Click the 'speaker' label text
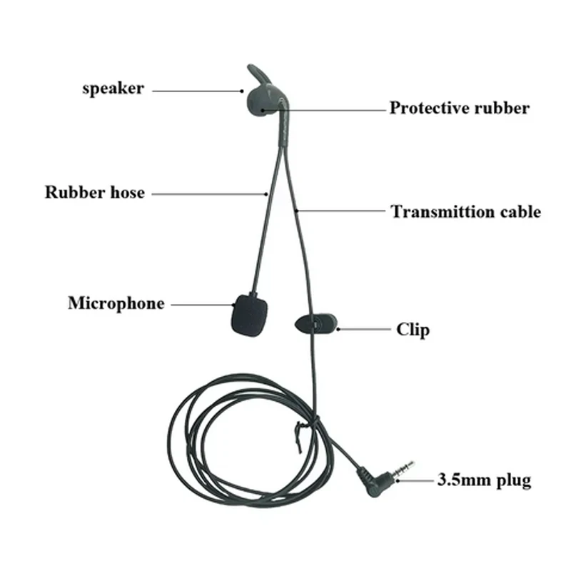(113, 89)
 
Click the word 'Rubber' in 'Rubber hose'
(75, 192)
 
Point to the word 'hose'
(128, 192)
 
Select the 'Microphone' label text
(116, 304)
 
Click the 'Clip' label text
(413, 330)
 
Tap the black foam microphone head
(251, 315)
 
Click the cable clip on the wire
(316, 324)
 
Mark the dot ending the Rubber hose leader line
(266, 194)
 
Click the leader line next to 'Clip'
(365, 329)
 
